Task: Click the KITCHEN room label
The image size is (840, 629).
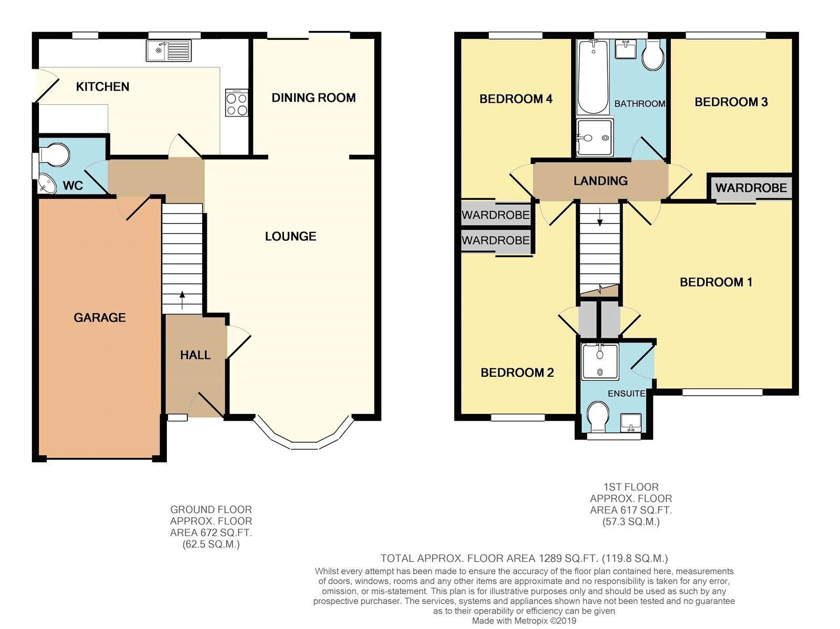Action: [x=102, y=87]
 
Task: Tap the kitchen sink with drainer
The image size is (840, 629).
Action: [x=169, y=51]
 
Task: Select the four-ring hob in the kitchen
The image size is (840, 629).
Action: [x=237, y=102]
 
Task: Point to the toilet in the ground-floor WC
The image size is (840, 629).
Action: [x=54, y=155]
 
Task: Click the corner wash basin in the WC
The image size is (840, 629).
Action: [x=47, y=184]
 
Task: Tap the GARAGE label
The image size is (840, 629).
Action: [x=100, y=317]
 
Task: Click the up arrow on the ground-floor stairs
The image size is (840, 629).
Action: [x=182, y=300]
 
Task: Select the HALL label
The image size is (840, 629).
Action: [x=195, y=355]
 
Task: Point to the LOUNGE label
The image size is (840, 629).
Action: [x=290, y=236]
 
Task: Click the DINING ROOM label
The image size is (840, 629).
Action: [x=313, y=98]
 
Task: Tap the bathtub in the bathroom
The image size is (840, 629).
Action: [x=593, y=77]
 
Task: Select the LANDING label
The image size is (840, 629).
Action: [x=601, y=180]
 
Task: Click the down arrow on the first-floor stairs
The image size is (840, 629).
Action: [x=600, y=217]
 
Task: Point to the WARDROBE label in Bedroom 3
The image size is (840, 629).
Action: [x=751, y=188]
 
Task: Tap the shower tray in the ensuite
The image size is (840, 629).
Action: [x=600, y=361]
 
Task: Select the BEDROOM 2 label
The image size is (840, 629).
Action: [x=517, y=372]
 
